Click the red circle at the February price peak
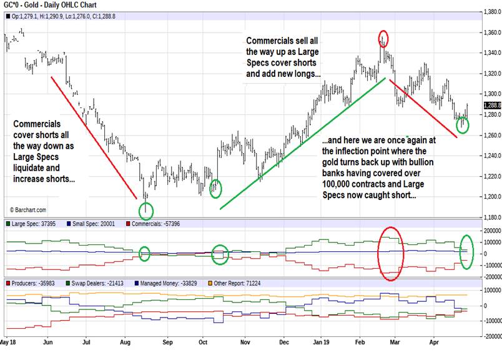pos(383,38)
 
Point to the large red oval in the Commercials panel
pos(391,253)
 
